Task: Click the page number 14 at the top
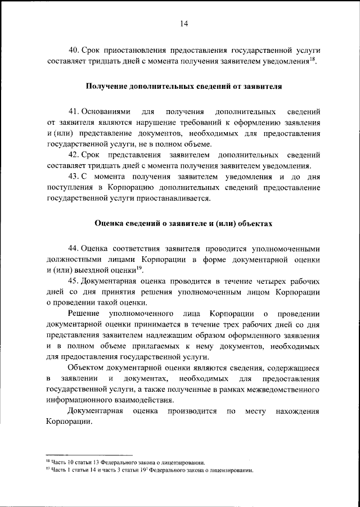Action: [x=183, y=23]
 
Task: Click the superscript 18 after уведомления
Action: [x=311, y=58]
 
